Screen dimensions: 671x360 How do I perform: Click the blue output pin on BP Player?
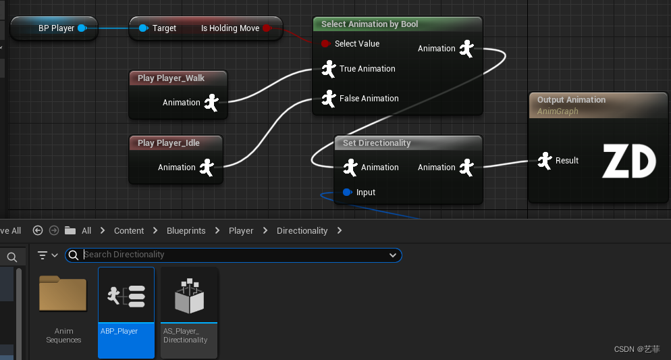(82, 28)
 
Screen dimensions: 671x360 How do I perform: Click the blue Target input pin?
(143, 28)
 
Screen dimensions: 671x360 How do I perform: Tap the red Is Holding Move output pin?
(267, 28)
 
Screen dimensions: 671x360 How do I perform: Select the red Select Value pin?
(325, 44)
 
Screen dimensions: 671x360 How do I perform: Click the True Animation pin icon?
(329, 69)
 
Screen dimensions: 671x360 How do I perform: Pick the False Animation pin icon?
(329, 99)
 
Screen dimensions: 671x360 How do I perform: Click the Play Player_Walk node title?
(171, 78)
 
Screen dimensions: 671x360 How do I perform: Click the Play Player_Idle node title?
(169, 143)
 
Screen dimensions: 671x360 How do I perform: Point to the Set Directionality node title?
(377, 143)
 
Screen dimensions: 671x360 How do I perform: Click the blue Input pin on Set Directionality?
(348, 192)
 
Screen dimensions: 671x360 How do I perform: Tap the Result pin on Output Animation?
(545, 161)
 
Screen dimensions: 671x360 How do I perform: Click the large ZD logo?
(629, 161)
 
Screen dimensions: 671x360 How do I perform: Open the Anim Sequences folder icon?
(63, 293)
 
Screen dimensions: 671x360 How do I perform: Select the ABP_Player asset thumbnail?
(126, 294)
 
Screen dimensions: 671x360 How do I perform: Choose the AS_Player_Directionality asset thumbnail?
(189, 295)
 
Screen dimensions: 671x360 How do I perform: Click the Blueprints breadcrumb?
(186, 231)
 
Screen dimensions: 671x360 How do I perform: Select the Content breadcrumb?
(129, 231)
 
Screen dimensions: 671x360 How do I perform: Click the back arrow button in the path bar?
(38, 231)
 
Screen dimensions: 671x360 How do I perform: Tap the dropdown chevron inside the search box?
(393, 255)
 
